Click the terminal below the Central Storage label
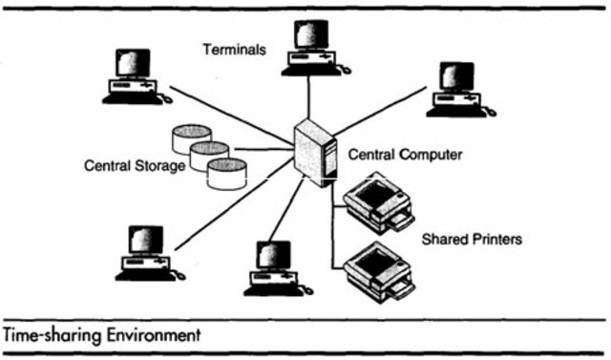[x=145, y=253]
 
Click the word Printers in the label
[x=496, y=239]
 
